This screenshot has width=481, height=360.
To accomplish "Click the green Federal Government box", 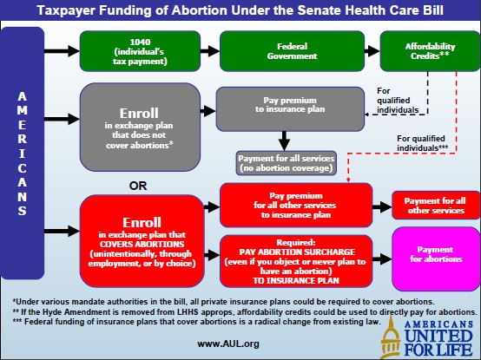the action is click(292, 51).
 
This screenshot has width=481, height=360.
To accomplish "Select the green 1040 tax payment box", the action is click(140, 51).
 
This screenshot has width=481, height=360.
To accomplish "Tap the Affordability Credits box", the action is click(430, 51).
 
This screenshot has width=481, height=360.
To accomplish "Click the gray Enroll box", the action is click(140, 128).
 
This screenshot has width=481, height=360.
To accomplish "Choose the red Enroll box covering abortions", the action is click(142, 241).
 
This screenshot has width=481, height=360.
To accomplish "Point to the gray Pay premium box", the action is click(290, 109).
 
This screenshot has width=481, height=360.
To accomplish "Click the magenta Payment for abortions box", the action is click(436, 259).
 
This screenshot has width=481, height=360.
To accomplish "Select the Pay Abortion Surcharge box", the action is click(296, 261).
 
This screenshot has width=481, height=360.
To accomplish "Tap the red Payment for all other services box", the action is click(436, 206).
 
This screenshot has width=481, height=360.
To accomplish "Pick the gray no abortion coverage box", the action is click(286, 163).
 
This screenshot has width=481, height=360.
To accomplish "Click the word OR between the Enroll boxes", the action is click(138, 186).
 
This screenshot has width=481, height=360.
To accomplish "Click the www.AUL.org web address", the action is click(228, 344).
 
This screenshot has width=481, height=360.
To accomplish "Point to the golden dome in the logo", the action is click(391, 337).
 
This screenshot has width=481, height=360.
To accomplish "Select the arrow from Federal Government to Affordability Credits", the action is click(372, 51).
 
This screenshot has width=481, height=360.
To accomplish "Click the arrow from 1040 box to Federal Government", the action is click(210, 51).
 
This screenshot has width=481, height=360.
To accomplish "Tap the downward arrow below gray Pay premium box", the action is click(284, 141).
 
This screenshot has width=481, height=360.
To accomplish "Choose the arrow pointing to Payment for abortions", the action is click(382, 259).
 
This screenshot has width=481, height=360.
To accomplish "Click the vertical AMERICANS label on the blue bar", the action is click(22, 154).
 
